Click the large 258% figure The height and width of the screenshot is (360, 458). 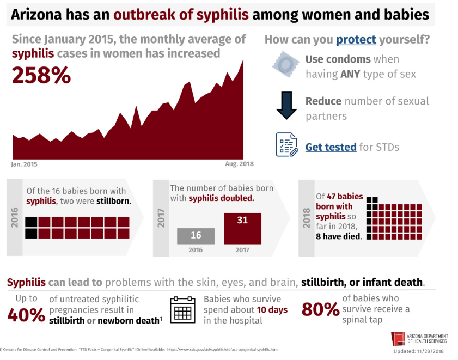pyautogui.click(x=41, y=75)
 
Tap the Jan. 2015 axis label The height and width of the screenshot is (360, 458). pyautogui.click(x=25, y=163)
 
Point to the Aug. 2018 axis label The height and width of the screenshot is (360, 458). pyautogui.click(x=239, y=163)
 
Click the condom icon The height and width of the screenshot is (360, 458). pyautogui.click(x=285, y=65)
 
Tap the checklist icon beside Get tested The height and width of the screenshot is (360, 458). pyautogui.click(x=286, y=145)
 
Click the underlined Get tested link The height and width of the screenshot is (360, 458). pyautogui.click(x=331, y=147)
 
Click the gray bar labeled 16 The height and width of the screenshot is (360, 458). pyautogui.click(x=196, y=236)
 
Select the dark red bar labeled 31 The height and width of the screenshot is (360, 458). pyautogui.click(x=242, y=228)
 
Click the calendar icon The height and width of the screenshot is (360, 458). pyautogui.click(x=182, y=310)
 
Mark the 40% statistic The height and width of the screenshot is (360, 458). pyautogui.click(x=26, y=315)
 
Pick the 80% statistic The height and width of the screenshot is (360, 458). pyautogui.click(x=320, y=309)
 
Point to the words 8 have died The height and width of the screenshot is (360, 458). pyautogui.click(x=339, y=237)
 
